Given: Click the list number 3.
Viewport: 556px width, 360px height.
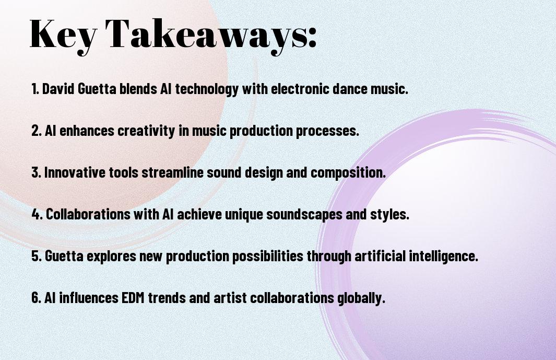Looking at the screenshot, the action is [36, 172].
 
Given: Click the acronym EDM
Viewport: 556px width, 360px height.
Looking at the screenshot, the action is [133, 297].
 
